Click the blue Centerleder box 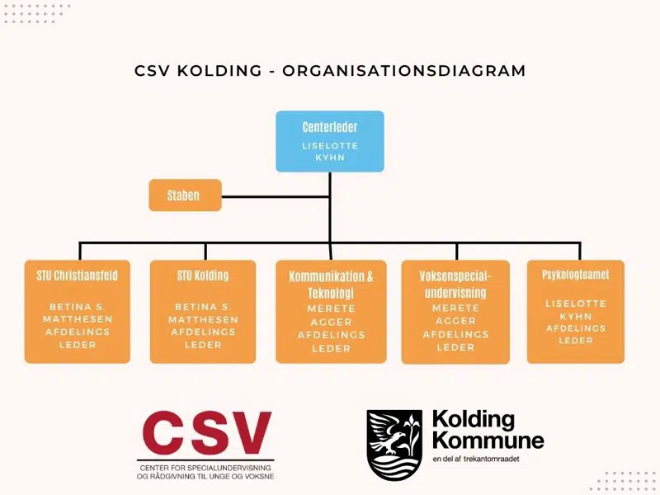point(329,141)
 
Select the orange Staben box point(185,196)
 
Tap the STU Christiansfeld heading point(77,275)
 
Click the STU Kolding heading point(202,275)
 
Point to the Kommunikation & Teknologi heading point(331,285)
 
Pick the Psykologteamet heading point(575,275)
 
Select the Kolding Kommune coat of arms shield point(394,445)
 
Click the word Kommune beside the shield point(488,439)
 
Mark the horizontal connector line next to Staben point(276,196)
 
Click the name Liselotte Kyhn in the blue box point(329,151)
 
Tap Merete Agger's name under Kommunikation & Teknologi point(331,315)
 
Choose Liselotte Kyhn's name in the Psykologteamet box point(575,309)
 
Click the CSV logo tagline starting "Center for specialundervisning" point(205,473)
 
